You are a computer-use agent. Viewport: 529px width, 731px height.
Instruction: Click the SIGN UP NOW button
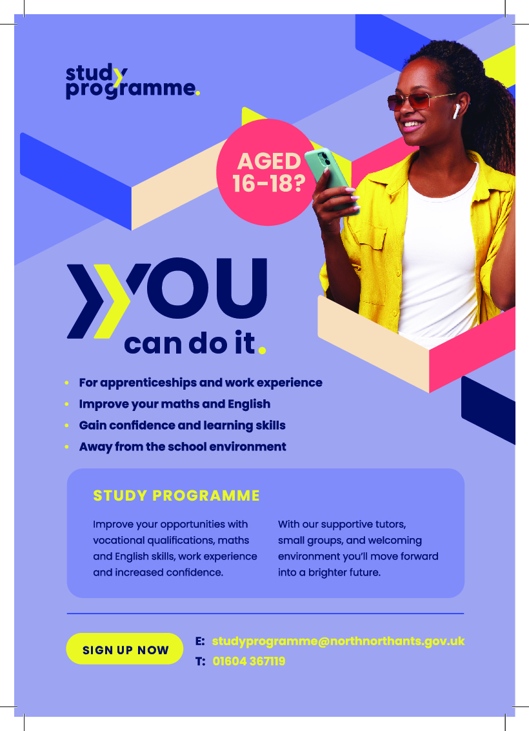(125, 650)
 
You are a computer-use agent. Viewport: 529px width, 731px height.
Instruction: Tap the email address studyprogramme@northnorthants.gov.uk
(338, 641)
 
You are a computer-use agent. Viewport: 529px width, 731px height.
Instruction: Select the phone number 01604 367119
(248, 661)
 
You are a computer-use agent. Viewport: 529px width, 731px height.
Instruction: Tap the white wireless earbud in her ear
(455, 112)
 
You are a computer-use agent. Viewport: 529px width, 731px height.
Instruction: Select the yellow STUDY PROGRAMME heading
(176, 496)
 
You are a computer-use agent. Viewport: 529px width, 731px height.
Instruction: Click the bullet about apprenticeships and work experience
(200, 383)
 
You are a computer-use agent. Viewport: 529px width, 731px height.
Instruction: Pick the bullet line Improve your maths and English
(174, 404)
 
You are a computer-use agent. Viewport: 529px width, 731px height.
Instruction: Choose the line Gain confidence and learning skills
(182, 425)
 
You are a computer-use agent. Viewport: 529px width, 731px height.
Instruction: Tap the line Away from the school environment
(182, 446)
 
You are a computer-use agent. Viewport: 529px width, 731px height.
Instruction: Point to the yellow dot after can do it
(261, 350)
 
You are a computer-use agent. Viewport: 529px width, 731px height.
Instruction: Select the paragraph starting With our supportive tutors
(358, 548)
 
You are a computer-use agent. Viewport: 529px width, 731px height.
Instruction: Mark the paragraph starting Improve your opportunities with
(175, 548)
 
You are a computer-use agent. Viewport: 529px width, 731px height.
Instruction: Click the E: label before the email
(200, 641)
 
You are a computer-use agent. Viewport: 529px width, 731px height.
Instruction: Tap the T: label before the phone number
(200, 661)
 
